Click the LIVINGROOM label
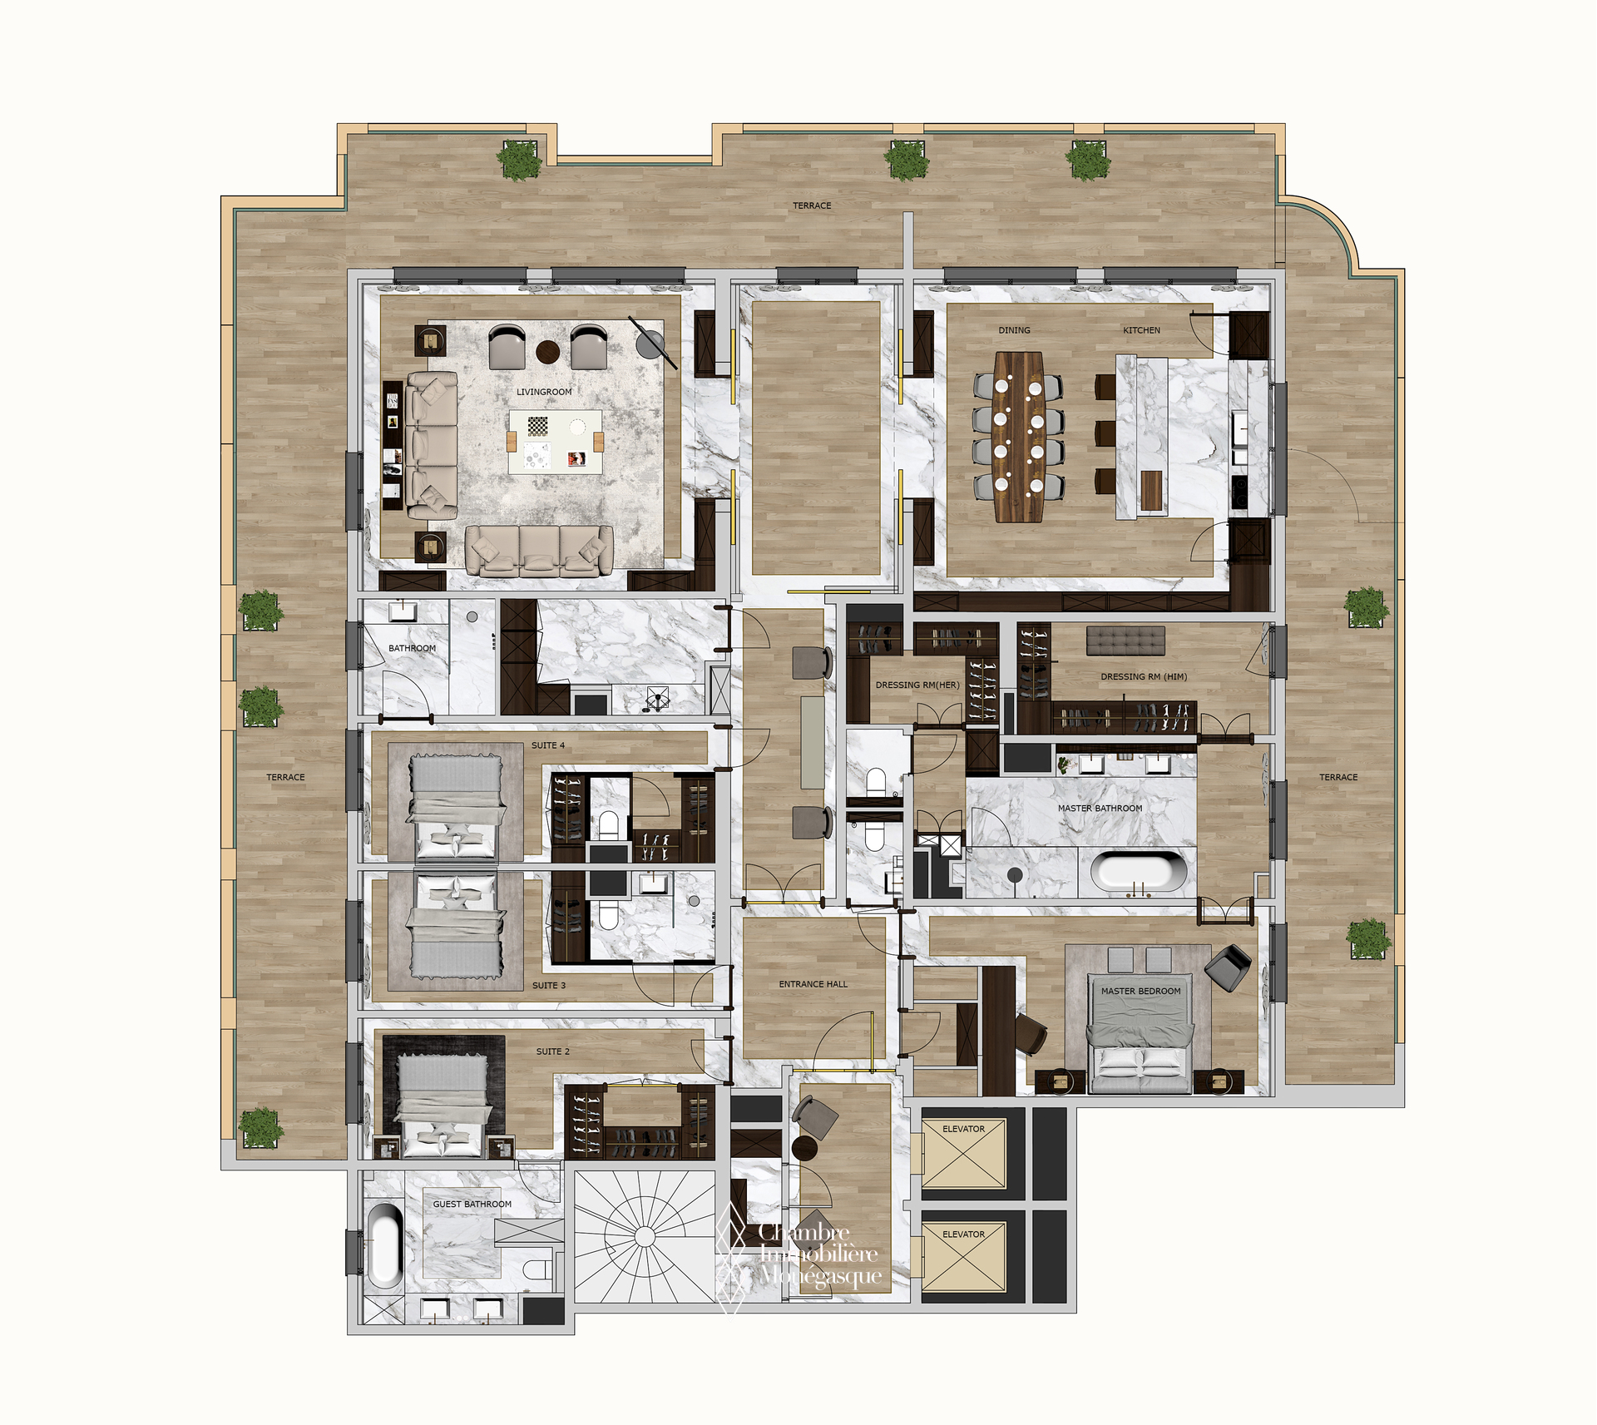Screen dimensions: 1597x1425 click(x=544, y=392)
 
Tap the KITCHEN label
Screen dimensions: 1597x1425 click(x=1141, y=330)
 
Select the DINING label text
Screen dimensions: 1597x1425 click(x=1014, y=330)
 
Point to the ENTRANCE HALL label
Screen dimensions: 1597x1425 click(x=813, y=984)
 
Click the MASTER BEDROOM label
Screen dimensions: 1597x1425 click(x=1140, y=991)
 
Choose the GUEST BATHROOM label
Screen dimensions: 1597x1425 click(x=472, y=1204)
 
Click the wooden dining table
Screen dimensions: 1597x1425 click(x=1019, y=437)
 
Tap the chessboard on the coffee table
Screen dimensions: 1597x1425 click(x=538, y=427)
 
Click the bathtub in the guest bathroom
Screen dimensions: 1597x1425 click(x=384, y=1244)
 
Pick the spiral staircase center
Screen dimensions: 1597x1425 click(x=645, y=1237)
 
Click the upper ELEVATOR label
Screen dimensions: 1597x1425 click(x=963, y=1129)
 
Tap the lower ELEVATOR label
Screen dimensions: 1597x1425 click(x=963, y=1235)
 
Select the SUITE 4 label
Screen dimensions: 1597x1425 click(x=548, y=745)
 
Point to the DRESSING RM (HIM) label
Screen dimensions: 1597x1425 click(x=1144, y=676)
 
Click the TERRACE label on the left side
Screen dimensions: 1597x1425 click(x=285, y=777)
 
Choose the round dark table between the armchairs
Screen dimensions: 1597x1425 click(x=548, y=352)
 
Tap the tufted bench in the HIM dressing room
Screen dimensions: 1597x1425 click(x=1125, y=641)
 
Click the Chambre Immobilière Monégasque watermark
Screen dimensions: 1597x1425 click(x=798, y=1254)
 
